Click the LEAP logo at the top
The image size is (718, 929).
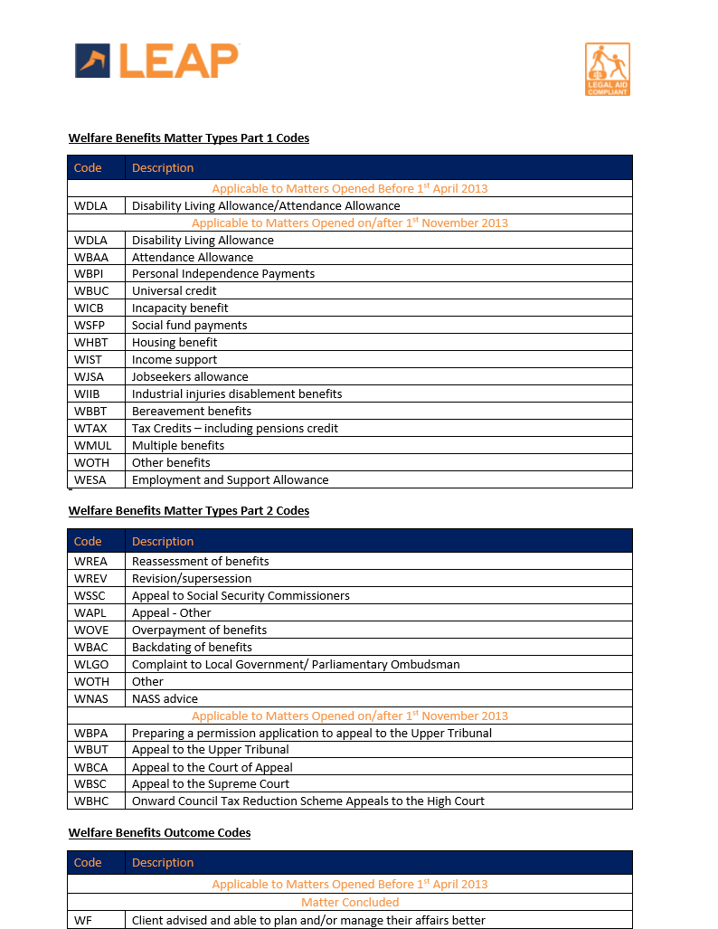click(156, 61)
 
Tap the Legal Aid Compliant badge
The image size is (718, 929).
click(607, 69)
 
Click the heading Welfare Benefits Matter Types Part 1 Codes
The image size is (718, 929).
click(189, 138)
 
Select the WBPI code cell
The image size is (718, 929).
click(91, 274)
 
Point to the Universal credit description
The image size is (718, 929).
click(175, 291)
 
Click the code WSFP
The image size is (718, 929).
click(90, 326)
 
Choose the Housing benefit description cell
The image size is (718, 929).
click(175, 343)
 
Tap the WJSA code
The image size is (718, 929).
click(90, 377)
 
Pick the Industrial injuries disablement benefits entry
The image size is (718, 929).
click(237, 394)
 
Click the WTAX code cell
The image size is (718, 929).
click(90, 429)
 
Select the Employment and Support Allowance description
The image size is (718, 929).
click(230, 480)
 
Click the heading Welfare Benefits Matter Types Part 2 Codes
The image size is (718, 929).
click(189, 511)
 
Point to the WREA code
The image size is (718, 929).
click(90, 562)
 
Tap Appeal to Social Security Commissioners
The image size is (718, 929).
click(241, 596)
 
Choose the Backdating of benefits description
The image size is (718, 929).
click(192, 648)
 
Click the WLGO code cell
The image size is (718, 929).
click(91, 665)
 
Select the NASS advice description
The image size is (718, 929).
click(165, 699)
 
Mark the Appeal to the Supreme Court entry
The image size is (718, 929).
click(211, 784)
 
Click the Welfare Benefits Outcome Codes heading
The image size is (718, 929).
click(159, 832)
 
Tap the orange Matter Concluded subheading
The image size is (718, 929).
click(350, 902)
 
